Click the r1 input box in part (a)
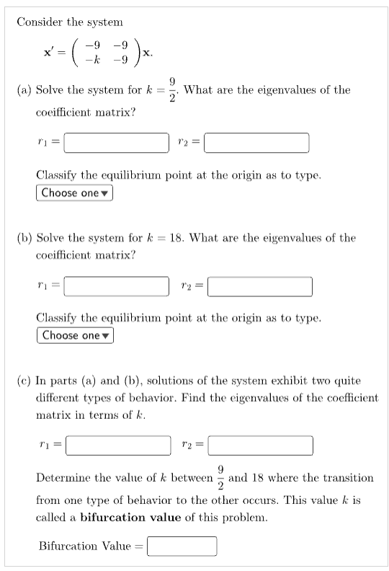tap(116, 143)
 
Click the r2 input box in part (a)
tap(256, 143)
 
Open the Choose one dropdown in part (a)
tap(75, 192)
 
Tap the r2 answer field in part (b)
tap(259, 285)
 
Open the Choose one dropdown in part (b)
tap(75, 335)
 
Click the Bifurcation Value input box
tap(183, 546)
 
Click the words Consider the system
tap(70, 22)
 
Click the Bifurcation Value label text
tap(84, 546)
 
